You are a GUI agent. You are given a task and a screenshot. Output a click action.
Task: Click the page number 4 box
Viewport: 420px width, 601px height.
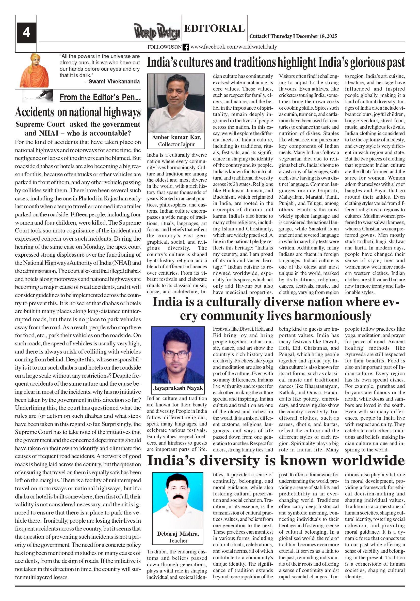26,33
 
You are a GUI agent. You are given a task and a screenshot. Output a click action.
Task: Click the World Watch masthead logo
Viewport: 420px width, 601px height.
157,32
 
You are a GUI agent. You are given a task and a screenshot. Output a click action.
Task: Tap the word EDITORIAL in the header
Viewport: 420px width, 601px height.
214,28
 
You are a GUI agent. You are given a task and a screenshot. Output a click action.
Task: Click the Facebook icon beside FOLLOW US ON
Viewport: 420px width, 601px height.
186,47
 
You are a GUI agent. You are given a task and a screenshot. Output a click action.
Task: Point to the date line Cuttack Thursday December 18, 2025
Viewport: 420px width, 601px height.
293,36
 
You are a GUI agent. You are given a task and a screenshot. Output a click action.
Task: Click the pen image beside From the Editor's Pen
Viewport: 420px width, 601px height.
38,96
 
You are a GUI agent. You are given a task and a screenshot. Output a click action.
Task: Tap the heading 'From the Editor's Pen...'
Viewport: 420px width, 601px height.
100,97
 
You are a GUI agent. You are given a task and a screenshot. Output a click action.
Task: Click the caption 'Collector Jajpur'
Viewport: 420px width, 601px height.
176,144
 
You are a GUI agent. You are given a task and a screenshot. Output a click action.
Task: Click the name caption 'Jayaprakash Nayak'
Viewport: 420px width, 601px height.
178,388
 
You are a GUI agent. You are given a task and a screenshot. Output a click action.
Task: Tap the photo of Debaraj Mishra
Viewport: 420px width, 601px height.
178,500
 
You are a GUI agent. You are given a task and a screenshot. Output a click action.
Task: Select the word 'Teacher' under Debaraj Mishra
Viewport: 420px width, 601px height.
178,540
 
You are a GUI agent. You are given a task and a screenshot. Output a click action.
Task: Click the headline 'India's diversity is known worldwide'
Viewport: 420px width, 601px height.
276,461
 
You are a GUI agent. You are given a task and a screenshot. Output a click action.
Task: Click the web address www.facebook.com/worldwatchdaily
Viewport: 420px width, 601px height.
234,47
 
